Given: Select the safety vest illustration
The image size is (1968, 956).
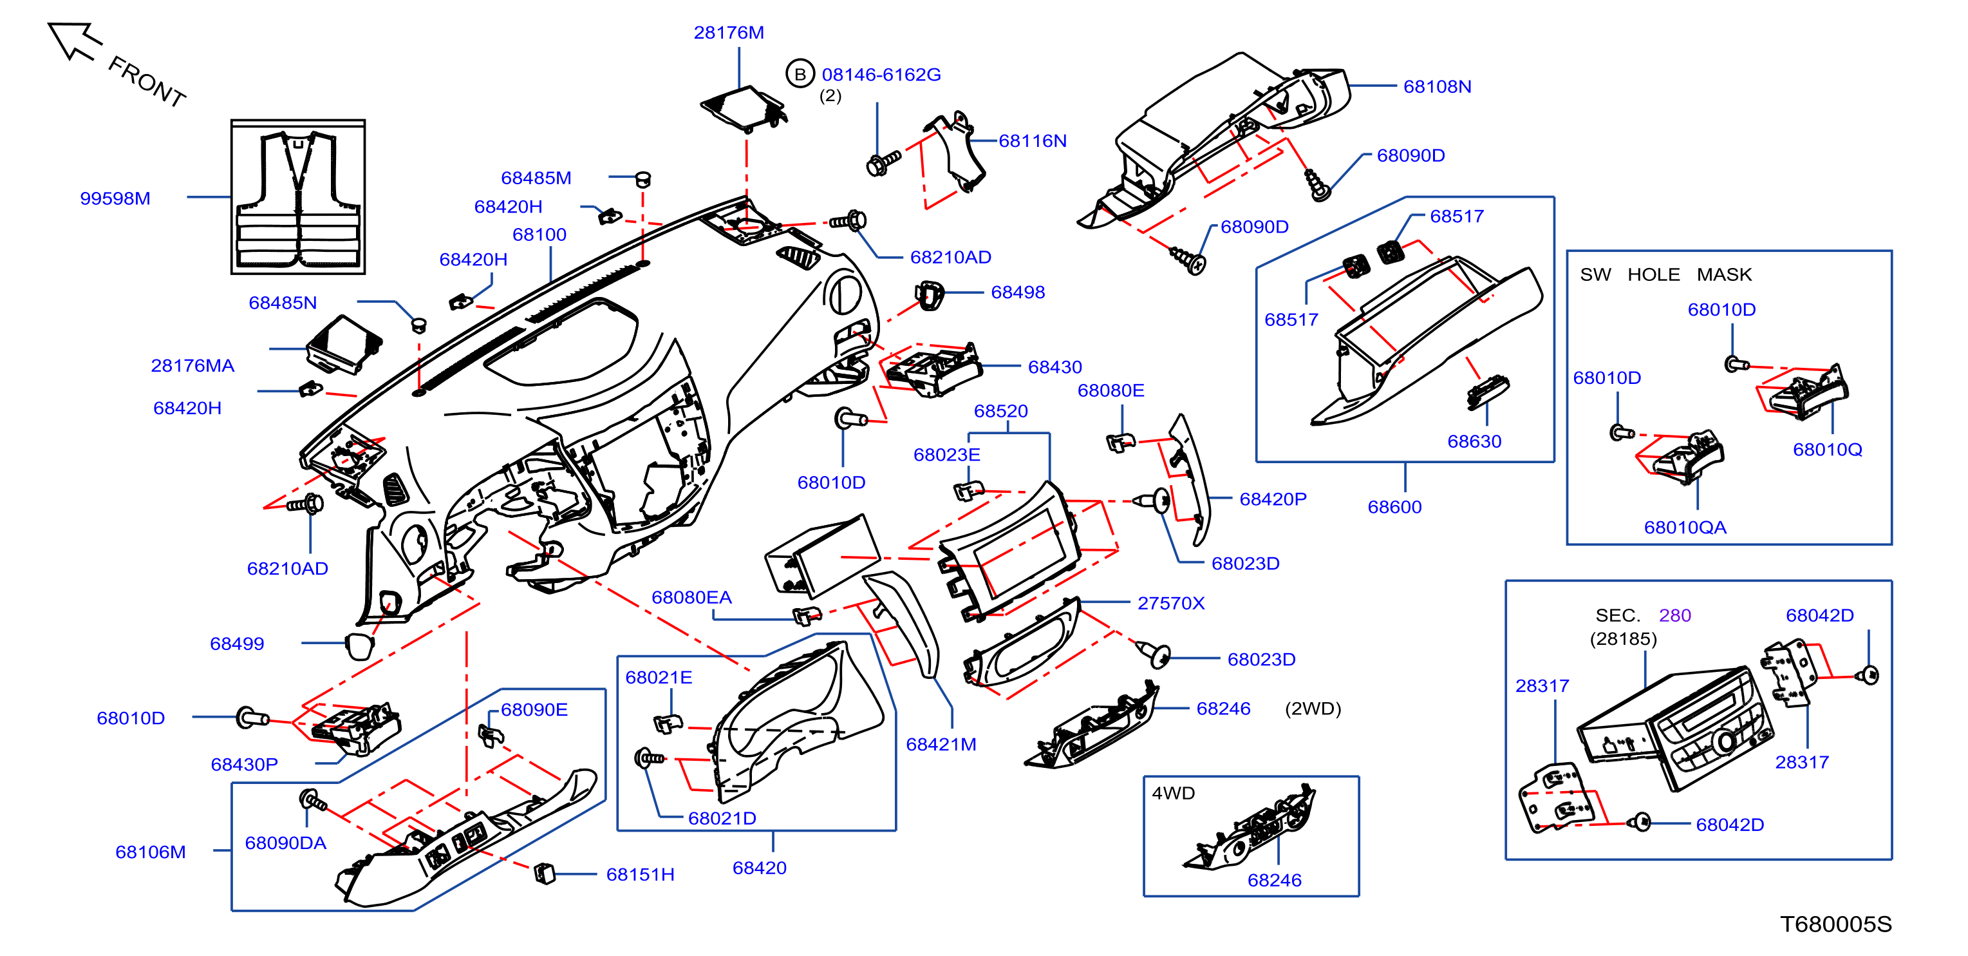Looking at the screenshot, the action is [298, 200].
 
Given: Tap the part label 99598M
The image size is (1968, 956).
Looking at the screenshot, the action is [115, 198].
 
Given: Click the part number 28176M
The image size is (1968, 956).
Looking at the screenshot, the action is [729, 33].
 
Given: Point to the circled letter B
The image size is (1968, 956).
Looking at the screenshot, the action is [800, 74].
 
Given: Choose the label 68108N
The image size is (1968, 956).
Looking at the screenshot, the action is [1437, 87].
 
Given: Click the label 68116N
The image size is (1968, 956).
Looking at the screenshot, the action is [1032, 141].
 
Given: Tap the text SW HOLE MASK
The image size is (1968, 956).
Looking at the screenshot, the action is [1665, 274].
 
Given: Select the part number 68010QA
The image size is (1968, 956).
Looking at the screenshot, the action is [1685, 528].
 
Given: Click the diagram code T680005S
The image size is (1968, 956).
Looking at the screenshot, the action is [1836, 924].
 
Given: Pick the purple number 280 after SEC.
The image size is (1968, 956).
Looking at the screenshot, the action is [1674, 615].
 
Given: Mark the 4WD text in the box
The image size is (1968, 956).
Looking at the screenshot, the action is [1173, 793].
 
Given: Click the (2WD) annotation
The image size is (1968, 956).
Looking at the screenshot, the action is [1313, 709].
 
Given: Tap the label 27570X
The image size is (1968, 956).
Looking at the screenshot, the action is [1170, 604].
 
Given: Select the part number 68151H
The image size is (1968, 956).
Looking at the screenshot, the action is [640, 874].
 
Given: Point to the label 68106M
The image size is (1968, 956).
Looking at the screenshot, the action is [151, 852].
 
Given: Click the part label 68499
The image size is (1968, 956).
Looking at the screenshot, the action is [237, 644].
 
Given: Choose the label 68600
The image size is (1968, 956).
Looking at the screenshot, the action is [1394, 506].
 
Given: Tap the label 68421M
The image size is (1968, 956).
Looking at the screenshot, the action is [941, 744].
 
